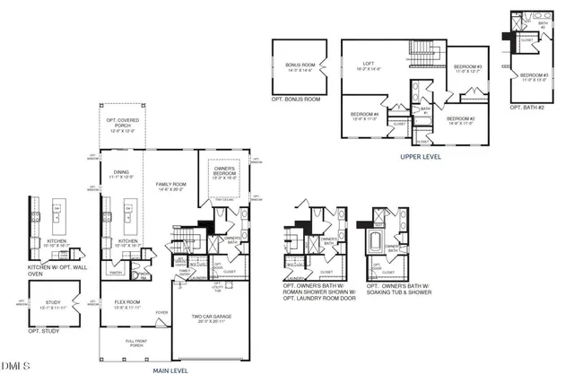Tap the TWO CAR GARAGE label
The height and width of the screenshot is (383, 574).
(211, 318)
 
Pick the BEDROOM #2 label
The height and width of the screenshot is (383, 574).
(459, 119)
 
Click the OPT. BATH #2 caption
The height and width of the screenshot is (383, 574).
(528, 107)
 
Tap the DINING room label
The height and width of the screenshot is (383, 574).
(120, 175)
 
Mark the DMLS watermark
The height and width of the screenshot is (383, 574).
(16, 366)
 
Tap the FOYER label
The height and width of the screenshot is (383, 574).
(161, 313)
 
